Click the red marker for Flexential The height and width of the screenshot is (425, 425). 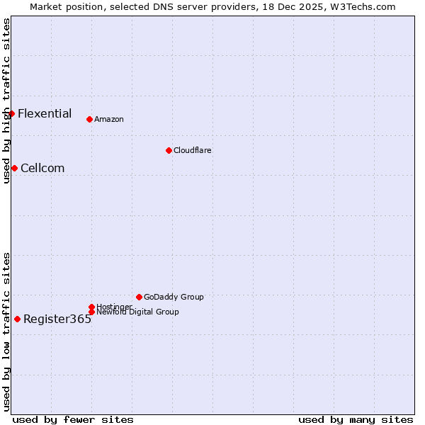(11, 113)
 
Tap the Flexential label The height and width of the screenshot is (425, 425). (45, 113)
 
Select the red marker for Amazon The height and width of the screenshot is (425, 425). (89, 119)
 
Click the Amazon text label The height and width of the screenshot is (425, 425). (109, 119)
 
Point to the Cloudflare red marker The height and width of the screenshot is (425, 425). (169, 150)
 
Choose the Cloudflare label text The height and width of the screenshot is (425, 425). (193, 150)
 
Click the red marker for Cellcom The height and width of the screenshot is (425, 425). (14, 168)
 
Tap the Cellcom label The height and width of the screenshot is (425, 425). (42, 168)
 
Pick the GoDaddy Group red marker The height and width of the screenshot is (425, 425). (139, 297)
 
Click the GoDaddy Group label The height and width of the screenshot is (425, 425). (174, 297)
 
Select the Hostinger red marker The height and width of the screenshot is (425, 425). (91, 307)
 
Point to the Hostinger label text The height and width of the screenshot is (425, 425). (114, 307)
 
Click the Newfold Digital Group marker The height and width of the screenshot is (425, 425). (91, 312)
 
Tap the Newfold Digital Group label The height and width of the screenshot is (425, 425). (137, 312)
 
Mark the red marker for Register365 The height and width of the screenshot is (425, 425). (17, 319)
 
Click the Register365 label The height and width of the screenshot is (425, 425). (57, 319)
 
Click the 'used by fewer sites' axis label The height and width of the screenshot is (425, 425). (73, 419)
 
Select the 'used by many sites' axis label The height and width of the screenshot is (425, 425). (356, 419)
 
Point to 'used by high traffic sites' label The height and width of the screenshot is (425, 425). (6, 101)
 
